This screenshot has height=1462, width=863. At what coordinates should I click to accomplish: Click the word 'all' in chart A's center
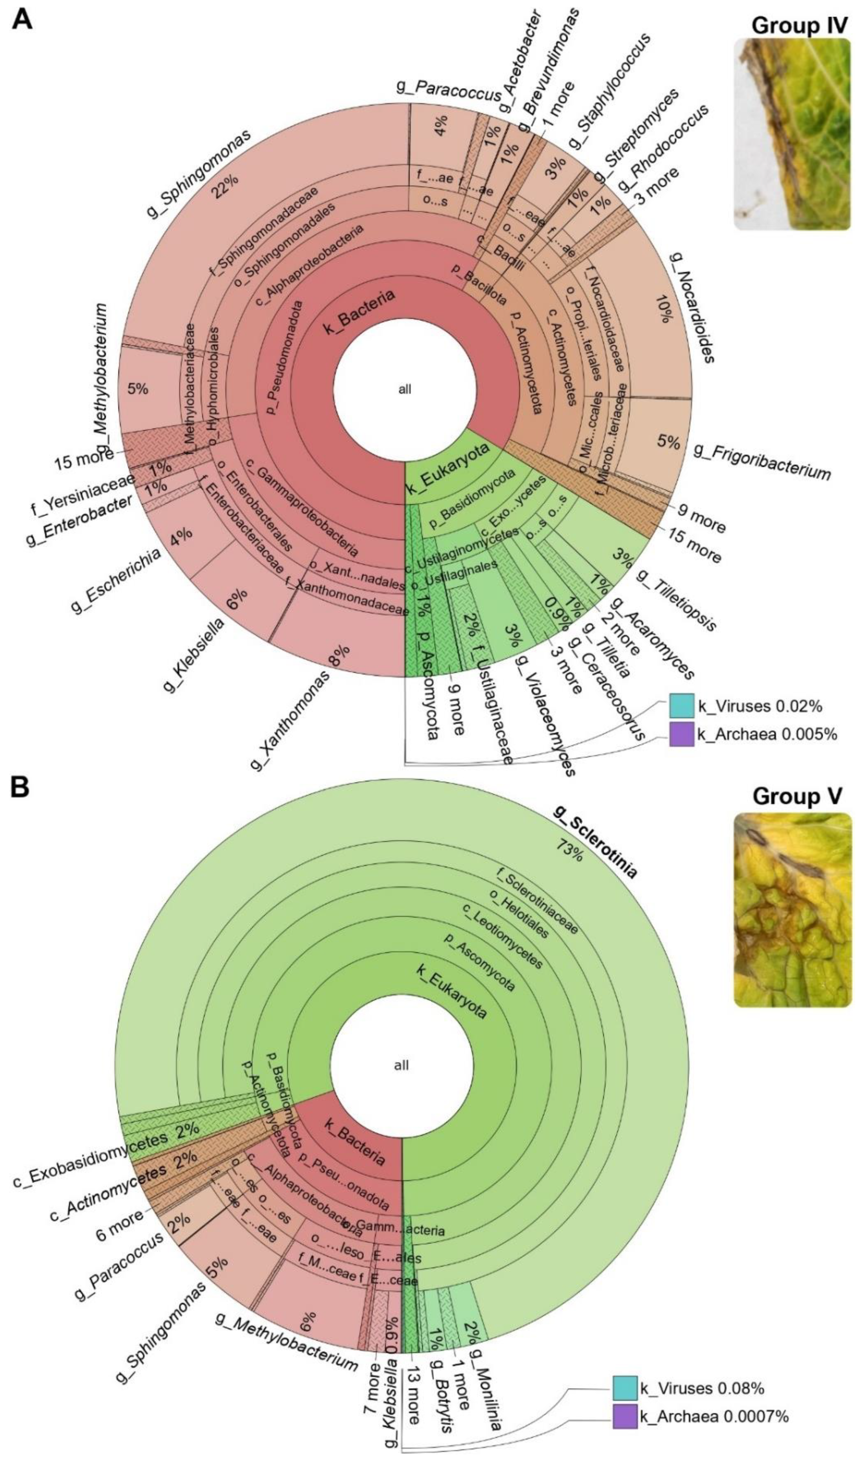(404, 389)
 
